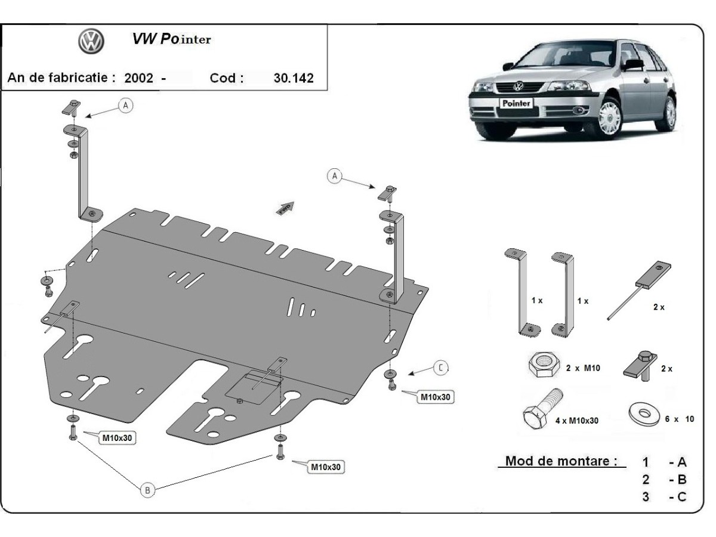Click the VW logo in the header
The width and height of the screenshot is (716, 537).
(91, 41)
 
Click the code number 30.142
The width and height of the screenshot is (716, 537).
(294, 78)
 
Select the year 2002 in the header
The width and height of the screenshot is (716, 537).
(138, 78)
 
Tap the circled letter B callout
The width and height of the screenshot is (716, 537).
(147, 490)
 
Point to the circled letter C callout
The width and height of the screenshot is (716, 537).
(440, 368)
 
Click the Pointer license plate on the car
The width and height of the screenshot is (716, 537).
(516, 103)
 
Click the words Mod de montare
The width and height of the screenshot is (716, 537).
(561, 461)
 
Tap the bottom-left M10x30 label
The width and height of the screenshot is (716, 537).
(117, 439)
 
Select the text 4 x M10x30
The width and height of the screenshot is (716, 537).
(576, 420)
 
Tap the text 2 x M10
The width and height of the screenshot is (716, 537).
(582, 368)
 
